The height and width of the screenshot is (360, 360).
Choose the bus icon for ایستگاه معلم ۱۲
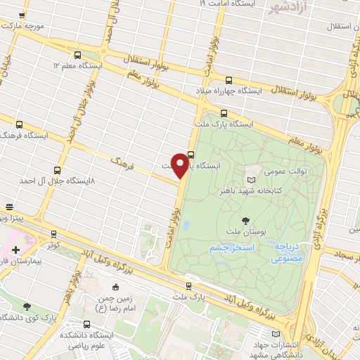77,54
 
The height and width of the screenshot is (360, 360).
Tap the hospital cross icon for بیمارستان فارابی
15,250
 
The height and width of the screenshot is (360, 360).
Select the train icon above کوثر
55,235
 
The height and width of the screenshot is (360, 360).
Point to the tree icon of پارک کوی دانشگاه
27,306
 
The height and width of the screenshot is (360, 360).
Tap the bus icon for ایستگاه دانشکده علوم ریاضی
86,325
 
